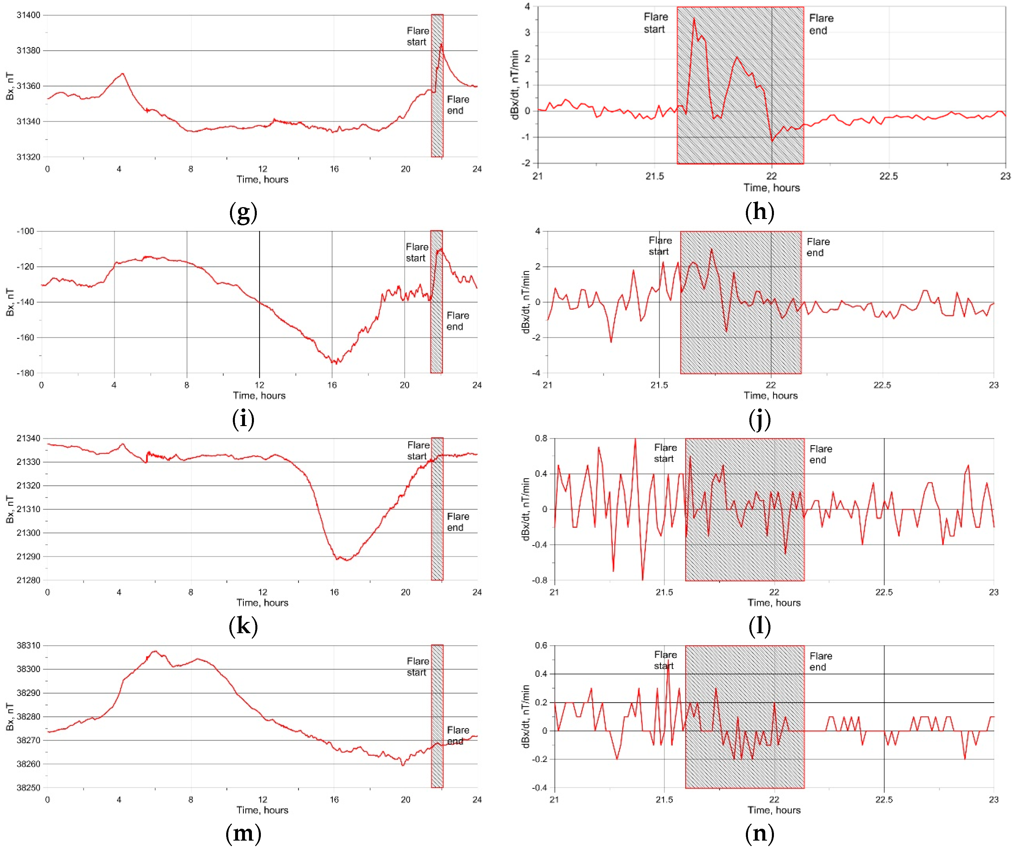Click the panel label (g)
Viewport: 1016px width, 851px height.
243,212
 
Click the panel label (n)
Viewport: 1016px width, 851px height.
759,833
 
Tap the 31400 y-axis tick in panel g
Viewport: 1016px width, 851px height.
29,15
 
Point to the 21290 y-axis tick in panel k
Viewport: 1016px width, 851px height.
29,556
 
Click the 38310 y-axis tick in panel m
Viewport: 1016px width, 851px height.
29,645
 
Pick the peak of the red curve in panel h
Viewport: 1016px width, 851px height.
694,19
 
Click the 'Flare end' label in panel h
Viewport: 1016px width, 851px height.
821,24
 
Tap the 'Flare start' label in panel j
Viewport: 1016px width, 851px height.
660,246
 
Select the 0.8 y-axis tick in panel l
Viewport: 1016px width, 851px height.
541,438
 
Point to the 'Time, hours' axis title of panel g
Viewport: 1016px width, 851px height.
262,179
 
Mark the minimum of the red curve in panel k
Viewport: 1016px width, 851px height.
346,560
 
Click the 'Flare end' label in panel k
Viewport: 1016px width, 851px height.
458,522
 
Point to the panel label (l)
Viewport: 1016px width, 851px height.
759,626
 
